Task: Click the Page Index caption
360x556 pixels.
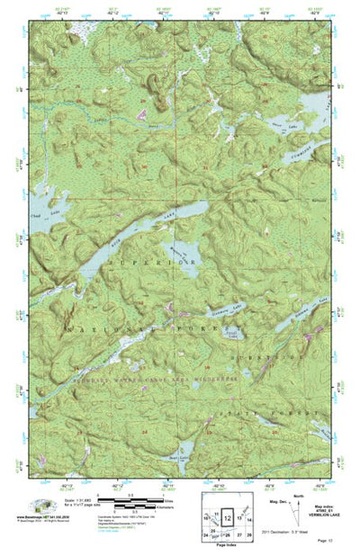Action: click(228, 548)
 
